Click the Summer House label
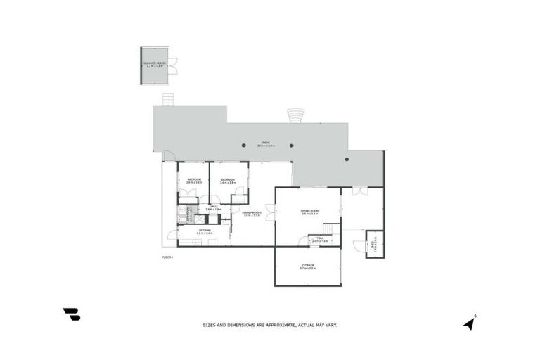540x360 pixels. (154, 64)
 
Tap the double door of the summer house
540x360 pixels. (172, 63)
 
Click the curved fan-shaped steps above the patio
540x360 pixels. (295, 115)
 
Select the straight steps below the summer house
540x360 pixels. (168, 100)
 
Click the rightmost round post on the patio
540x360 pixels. (347, 159)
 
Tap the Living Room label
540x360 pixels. (309, 212)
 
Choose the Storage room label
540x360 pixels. (307, 267)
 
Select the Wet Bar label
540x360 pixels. (205, 231)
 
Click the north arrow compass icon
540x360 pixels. (469, 322)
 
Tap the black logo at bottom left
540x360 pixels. (71, 314)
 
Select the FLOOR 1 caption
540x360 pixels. (167, 258)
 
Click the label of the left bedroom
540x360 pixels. (194, 181)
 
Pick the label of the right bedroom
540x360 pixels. (228, 181)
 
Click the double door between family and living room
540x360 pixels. (270, 213)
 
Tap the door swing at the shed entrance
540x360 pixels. (360, 245)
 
